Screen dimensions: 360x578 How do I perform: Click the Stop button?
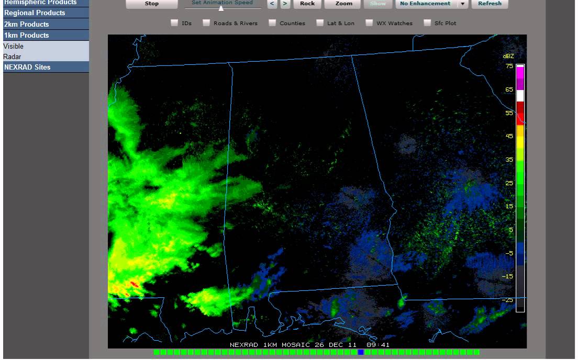pyautogui.click(x=151, y=4)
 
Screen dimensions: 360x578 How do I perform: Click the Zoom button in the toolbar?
pyautogui.click(x=343, y=4)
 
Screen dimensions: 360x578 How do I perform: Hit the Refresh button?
pyautogui.click(x=490, y=4)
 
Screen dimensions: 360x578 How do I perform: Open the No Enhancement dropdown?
pyautogui.click(x=462, y=4)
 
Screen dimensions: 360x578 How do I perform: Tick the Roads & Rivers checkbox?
pyautogui.click(x=206, y=23)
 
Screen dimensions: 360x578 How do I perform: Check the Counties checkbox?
pyautogui.click(x=272, y=23)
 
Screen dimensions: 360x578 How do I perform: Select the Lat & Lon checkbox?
pyautogui.click(x=320, y=23)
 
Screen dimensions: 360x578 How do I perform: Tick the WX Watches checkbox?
pyautogui.click(x=369, y=23)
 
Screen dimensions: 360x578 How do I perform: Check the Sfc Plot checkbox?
pyautogui.click(x=427, y=23)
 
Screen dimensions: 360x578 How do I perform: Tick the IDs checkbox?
pyautogui.click(x=174, y=23)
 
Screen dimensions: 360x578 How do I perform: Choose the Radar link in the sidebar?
pyautogui.click(x=12, y=57)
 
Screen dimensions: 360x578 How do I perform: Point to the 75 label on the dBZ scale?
pyautogui.click(x=509, y=66)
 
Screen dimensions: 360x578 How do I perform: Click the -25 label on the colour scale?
pyautogui.click(x=508, y=300)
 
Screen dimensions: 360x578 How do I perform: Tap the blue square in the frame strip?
pyautogui.click(x=360, y=352)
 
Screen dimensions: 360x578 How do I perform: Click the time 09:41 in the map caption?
pyautogui.click(x=378, y=345)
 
